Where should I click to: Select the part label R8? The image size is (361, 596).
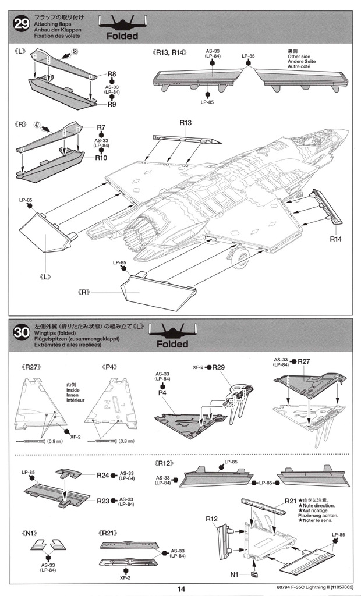coord(112,74)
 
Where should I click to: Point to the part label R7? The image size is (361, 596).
coord(101,127)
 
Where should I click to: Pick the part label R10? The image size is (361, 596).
coord(102,157)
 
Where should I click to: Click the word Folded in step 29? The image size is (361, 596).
coord(122,36)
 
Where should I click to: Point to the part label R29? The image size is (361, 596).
coord(219,367)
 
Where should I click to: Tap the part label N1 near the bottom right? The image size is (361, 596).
coord(235,574)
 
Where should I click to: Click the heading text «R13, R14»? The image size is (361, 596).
coord(169,52)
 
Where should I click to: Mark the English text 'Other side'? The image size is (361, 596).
coord(300,57)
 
